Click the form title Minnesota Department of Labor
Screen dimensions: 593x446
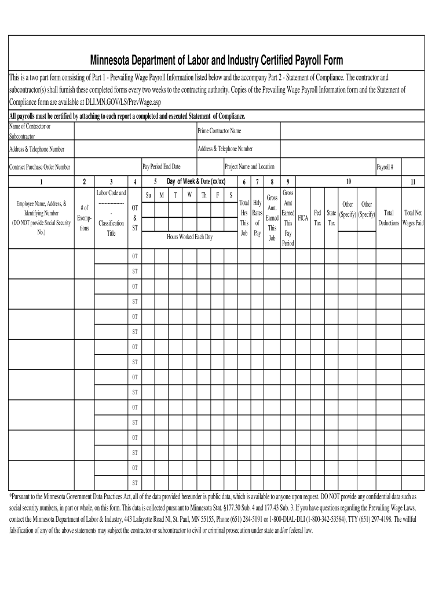pyautogui.click(x=215, y=61)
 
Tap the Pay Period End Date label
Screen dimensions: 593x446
pyautogui.click(x=162, y=167)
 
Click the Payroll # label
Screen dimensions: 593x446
pyautogui.click(x=385, y=167)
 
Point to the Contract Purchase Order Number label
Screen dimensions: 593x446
pyautogui.click(x=39, y=167)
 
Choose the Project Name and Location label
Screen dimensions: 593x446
pyautogui.click(x=250, y=167)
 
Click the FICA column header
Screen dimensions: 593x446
pyautogui.click(x=302, y=218)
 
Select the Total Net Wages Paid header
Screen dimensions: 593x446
pyautogui.click(x=413, y=218)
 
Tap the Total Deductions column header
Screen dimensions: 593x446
pyautogui.click(x=389, y=218)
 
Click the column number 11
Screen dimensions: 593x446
pyautogui.click(x=413, y=182)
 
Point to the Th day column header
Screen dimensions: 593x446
pyautogui.click(x=204, y=195)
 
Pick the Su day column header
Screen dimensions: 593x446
pyautogui.click(x=149, y=195)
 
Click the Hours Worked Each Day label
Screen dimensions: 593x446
pyautogui.click(x=189, y=237)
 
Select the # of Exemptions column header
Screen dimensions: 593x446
pyautogui.click(x=84, y=218)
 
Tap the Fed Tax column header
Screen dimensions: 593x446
pyautogui.click(x=317, y=218)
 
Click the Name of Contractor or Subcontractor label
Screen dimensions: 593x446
pyautogui.click(x=29, y=131)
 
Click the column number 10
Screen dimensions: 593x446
pyautogui.click(x=348, y=181)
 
